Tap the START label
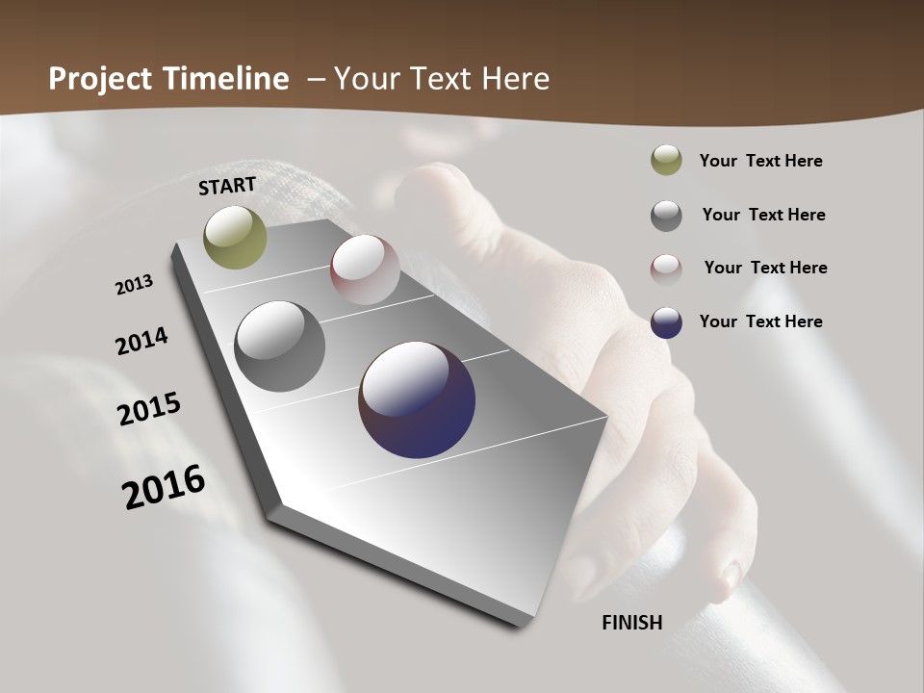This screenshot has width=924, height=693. click(x=227, y=186)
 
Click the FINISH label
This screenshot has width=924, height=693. click(x=632, y=623)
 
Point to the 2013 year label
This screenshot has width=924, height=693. click(x=135, y=285)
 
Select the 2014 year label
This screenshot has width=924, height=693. click(x=142, y=341)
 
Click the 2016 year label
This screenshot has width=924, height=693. click(x=164, y=487)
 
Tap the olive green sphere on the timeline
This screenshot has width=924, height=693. click(x=235, y=237)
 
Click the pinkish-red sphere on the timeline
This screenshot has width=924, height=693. click(x=365, y=269)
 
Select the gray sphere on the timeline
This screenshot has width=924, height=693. click(x=280, y=346)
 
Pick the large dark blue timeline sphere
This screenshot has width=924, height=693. click(x=417, y=399)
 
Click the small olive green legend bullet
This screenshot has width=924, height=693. click(x=666, y=161)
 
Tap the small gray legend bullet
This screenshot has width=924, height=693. click(x=666, y=216)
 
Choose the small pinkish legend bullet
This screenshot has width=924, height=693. click(x=666, y=269)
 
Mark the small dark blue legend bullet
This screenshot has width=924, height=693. click(x=666, y=322)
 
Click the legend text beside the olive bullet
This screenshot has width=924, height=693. click(x=761, y=162)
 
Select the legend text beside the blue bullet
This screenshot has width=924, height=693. click(x=761, y=321)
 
